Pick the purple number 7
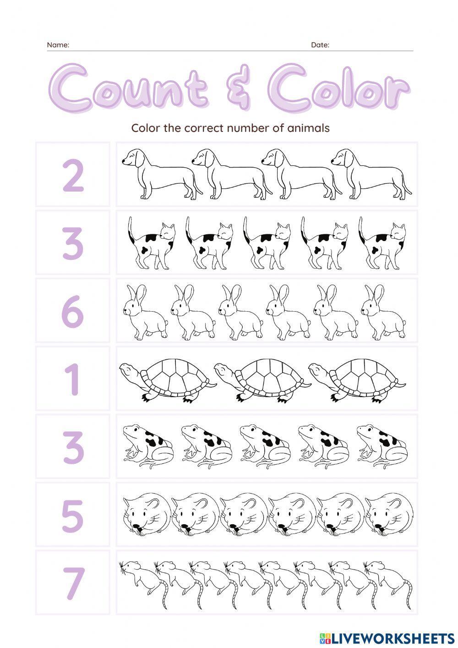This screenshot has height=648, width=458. pyautogui.click(x=73, y=582)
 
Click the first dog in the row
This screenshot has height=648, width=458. pyautogui.click(x=160, y=175)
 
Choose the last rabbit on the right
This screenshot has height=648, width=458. pyautogui.click(x=382, y=312)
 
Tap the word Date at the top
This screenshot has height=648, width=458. pyautogui.click(x=320, y=45)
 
